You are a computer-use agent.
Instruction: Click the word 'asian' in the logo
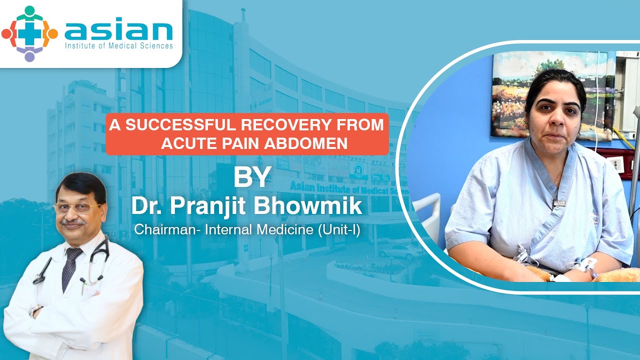tap(118, 29)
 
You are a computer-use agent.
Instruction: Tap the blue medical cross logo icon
tap(29, 33)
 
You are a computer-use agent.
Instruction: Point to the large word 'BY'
tap(252, 177)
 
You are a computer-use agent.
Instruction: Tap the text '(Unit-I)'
tap(339, 229)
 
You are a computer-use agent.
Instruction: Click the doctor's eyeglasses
tap(76, 207)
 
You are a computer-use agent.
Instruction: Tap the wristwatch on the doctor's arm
tap(34, 310)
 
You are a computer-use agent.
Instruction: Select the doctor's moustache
tap(73, 221)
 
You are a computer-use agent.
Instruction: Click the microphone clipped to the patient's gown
tap(559, 203)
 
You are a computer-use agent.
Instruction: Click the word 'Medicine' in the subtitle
tap(286, 229)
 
